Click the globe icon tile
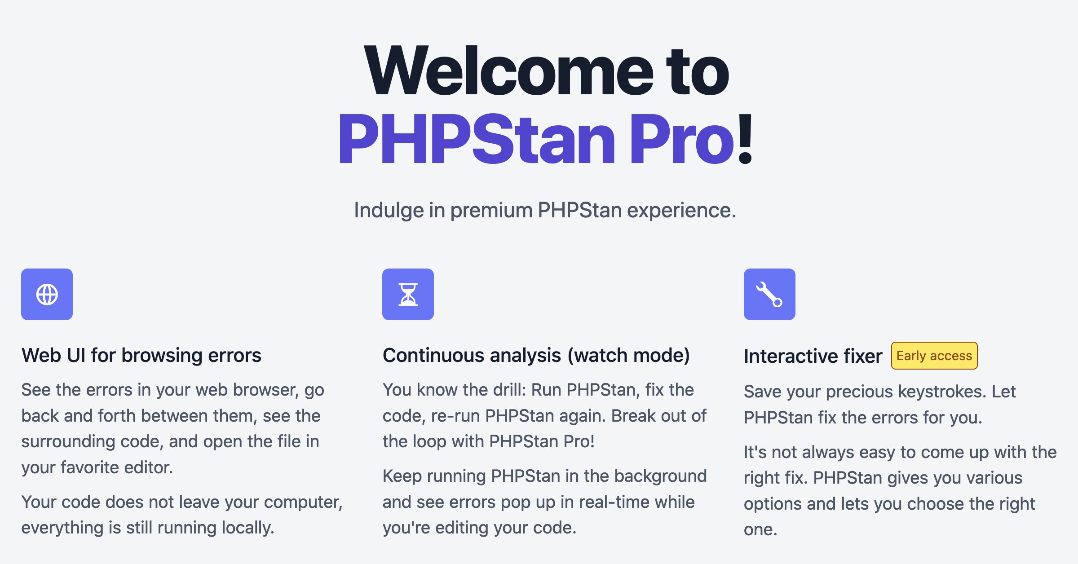click(47, 294)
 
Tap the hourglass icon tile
click(408, 294)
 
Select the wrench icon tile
click(769, 294)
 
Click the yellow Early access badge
click(934, 356)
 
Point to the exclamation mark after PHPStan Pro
click(745, 138)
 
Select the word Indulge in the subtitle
click(389, 211)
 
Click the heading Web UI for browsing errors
click(141, 355)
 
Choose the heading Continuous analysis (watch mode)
click(536, 356)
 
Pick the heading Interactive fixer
click(813, 356)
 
